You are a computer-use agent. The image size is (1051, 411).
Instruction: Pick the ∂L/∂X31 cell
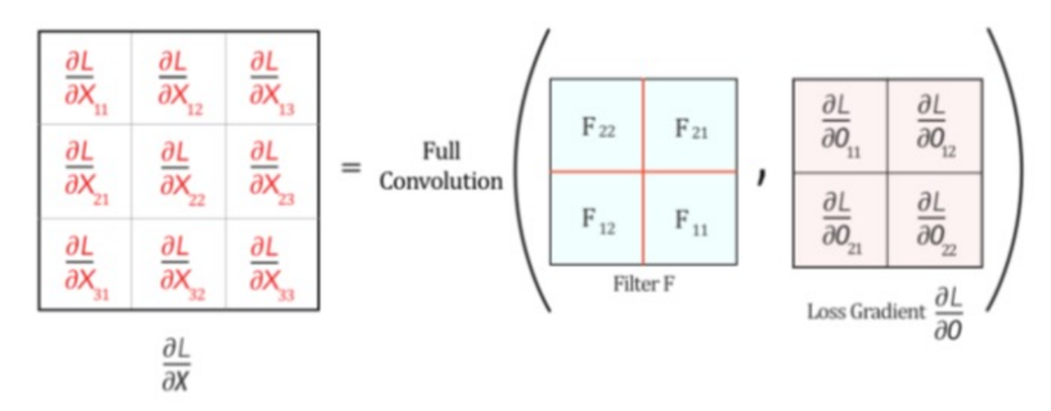point(85,262)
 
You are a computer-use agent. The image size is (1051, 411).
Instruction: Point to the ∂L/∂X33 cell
point(272,262)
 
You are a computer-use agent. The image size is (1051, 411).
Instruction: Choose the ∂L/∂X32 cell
point(179,262)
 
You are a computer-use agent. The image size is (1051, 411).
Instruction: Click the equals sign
point(350,169)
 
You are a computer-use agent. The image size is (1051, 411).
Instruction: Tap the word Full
point(442,151)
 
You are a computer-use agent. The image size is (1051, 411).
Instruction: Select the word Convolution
point(442,180)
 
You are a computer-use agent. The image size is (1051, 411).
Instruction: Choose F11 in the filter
point(691,220)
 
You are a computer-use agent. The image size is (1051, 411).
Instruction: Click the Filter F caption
point(644,283)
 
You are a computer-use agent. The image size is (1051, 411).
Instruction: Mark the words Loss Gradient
point(865,312)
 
